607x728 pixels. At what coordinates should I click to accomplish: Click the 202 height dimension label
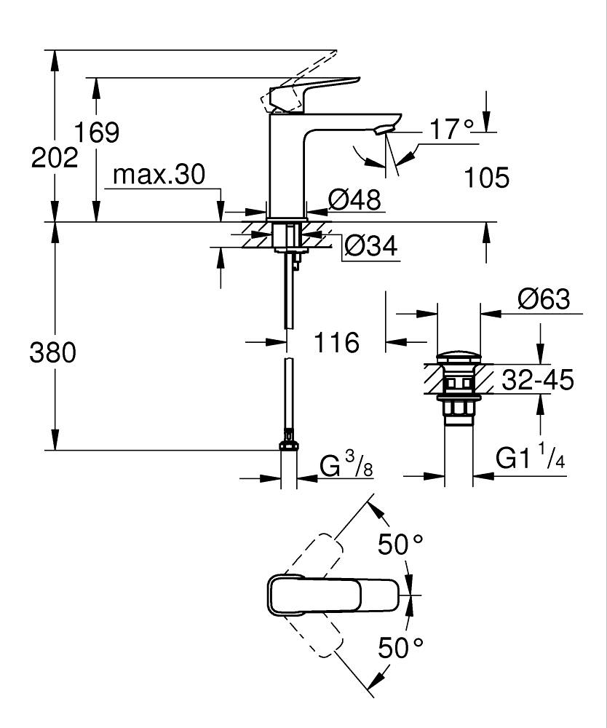coord(55,157)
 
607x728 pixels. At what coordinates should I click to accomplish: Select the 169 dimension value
coord(97,132)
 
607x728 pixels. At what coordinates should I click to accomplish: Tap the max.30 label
coord(159,175)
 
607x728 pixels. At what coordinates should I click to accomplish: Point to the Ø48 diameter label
coord(354,199)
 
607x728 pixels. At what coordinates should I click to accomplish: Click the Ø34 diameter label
coord(370,247)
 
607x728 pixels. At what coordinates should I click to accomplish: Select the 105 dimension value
coord(487,178)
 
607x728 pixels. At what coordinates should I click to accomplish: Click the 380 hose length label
coord(52,353)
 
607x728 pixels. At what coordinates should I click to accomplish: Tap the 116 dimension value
coord(337,341)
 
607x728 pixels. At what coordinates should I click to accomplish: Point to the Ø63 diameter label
coord(544,299)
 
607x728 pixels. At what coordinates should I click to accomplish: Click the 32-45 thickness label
coord(537,379)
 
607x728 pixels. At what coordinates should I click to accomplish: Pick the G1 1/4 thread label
coord(531,459)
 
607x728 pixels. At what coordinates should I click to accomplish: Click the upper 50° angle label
coord(400,544)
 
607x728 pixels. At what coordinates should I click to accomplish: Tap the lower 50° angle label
coord(400,647)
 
